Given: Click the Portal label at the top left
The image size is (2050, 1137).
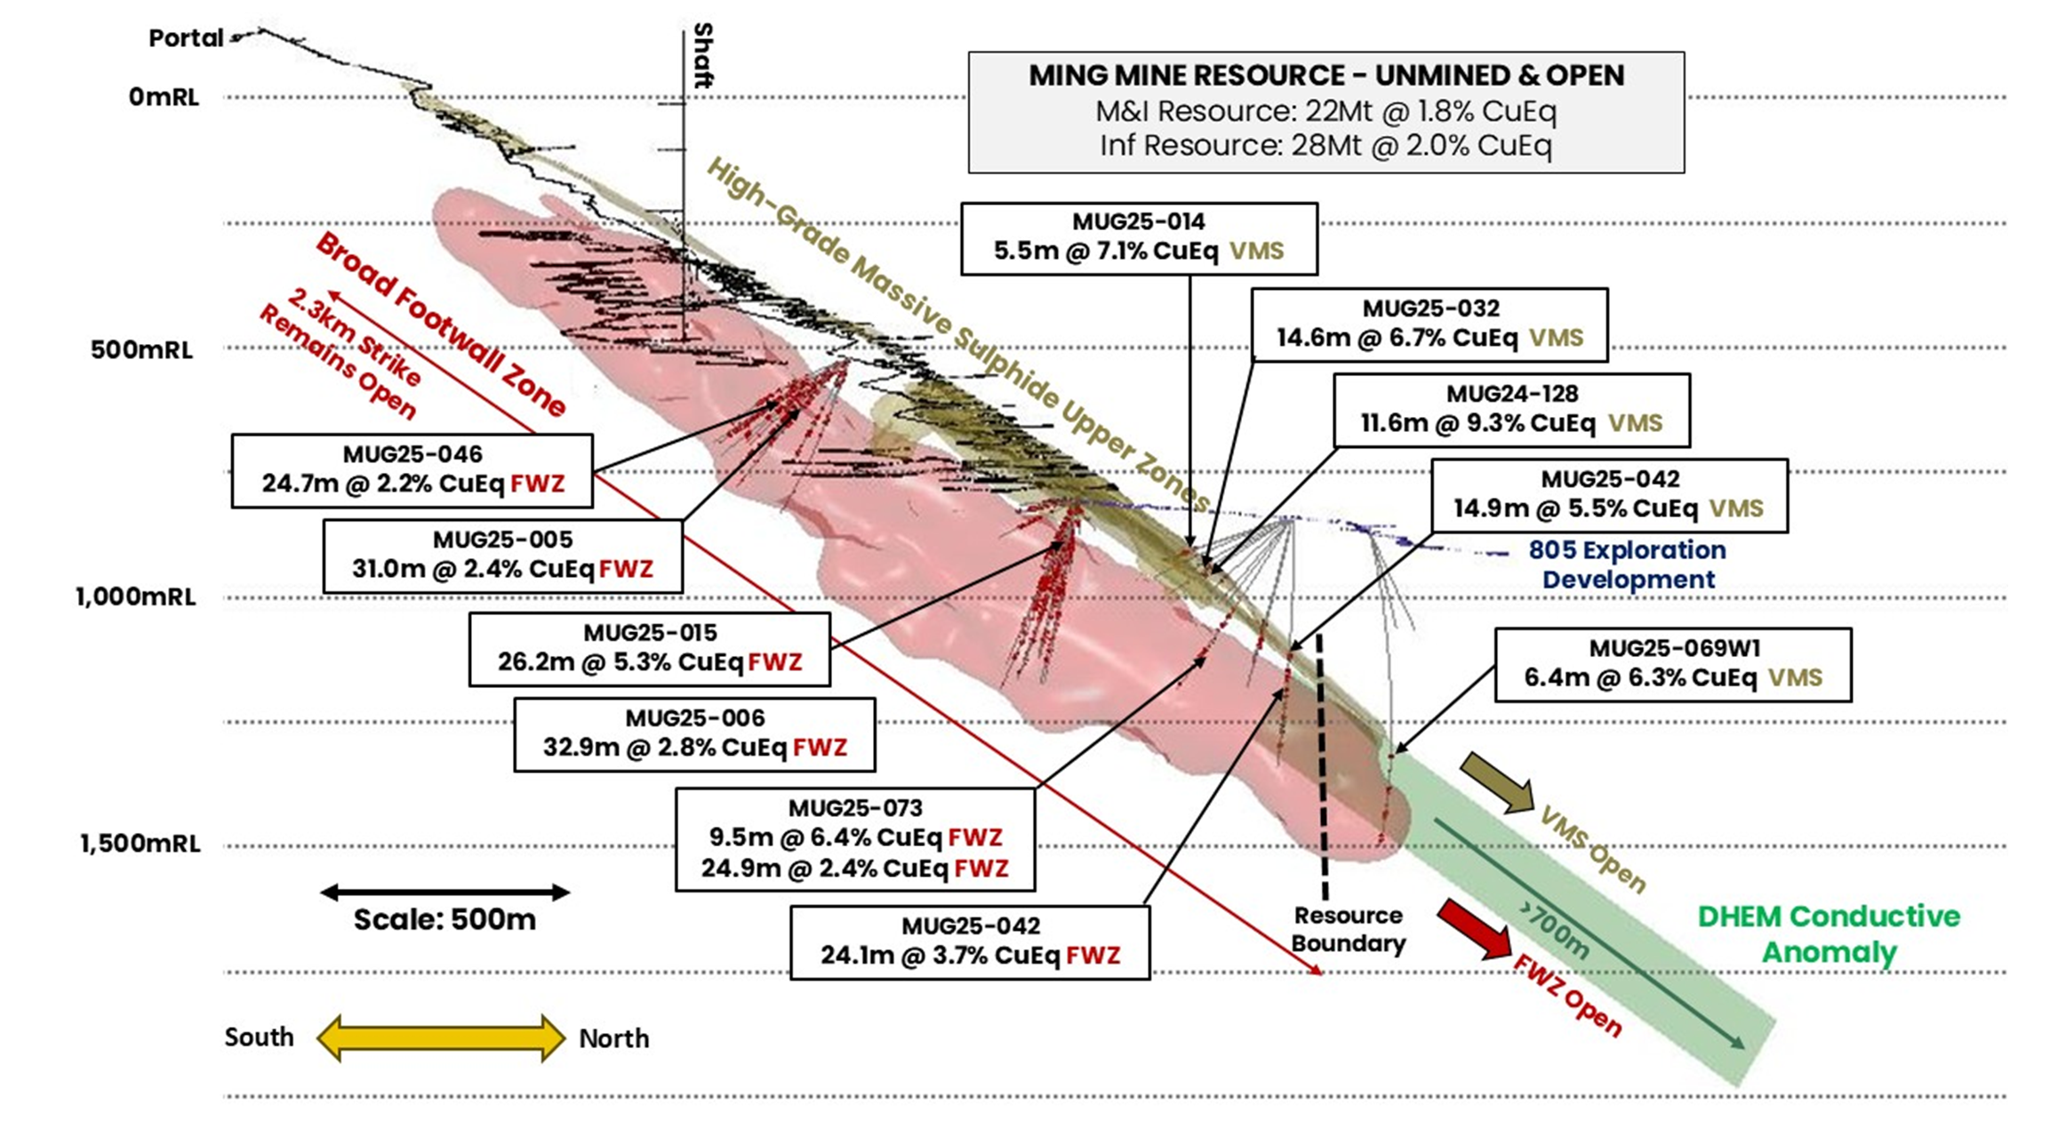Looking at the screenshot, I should click(x=186, y=38).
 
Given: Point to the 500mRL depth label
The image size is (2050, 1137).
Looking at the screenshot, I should click(x=141, y=349).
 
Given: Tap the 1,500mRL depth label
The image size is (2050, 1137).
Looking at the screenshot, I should click(x=140, y=843).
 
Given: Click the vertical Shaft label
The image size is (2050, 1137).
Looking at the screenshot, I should click(x=702, y=55).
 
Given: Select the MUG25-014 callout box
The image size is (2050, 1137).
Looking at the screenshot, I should click(x=1139, y=237).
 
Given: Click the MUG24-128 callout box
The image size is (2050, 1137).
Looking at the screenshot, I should click(x=1511, y=409).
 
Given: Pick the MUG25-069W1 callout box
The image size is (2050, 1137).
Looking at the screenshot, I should click(x=1673, y=664).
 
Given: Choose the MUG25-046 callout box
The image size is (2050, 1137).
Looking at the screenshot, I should click(x=412, y=470).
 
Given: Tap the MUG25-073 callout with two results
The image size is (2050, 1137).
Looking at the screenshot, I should click(x=854, y=838).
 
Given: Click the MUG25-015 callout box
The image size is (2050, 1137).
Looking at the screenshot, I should click(x=650, y=648).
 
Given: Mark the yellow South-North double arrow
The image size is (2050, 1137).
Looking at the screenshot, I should click(x=441, y=1037).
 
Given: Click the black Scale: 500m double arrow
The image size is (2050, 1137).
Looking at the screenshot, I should click(x=444, y=892).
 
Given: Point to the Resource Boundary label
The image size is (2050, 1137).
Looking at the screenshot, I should click(x=1348, y=929).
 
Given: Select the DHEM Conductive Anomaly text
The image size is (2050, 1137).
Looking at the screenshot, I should click(x=1828, y=933).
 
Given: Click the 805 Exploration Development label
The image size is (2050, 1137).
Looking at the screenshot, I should click(x=1627, y=564).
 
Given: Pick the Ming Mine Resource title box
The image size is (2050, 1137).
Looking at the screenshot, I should click(x=1325, y=111).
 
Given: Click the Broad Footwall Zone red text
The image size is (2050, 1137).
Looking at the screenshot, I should click(x=440, y=324).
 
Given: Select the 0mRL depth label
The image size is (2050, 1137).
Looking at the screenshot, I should click(x=164, y=97).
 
